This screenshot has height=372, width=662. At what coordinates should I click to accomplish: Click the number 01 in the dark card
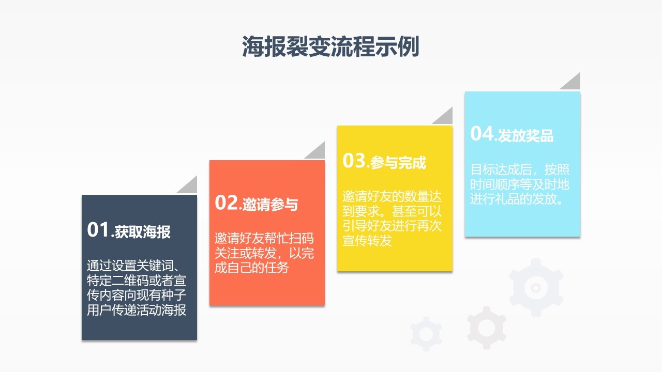tap(98, 230)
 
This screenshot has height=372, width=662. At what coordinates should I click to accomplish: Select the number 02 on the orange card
tap(227, 202)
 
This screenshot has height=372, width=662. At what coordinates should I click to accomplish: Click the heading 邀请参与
tap(270, 205)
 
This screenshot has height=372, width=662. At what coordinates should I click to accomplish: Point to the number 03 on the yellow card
tap(354, 161)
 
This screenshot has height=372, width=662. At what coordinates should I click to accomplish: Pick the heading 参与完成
tap(398, 163)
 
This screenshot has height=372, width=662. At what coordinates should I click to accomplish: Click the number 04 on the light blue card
tap(482, 133)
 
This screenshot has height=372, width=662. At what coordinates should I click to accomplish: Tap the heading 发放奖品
tap(525, 136)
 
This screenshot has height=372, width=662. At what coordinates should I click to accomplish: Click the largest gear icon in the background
tap(536, 287)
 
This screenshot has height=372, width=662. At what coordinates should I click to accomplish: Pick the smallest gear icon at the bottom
tap(426, 334)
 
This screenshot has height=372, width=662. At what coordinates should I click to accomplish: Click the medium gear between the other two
tap(486, 327)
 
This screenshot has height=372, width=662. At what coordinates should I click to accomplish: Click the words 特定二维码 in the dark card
tap(111, 281)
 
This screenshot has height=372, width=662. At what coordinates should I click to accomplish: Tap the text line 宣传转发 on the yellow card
tap(367, 240)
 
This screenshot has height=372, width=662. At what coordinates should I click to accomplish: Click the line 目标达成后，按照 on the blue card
tap(519, 169)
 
